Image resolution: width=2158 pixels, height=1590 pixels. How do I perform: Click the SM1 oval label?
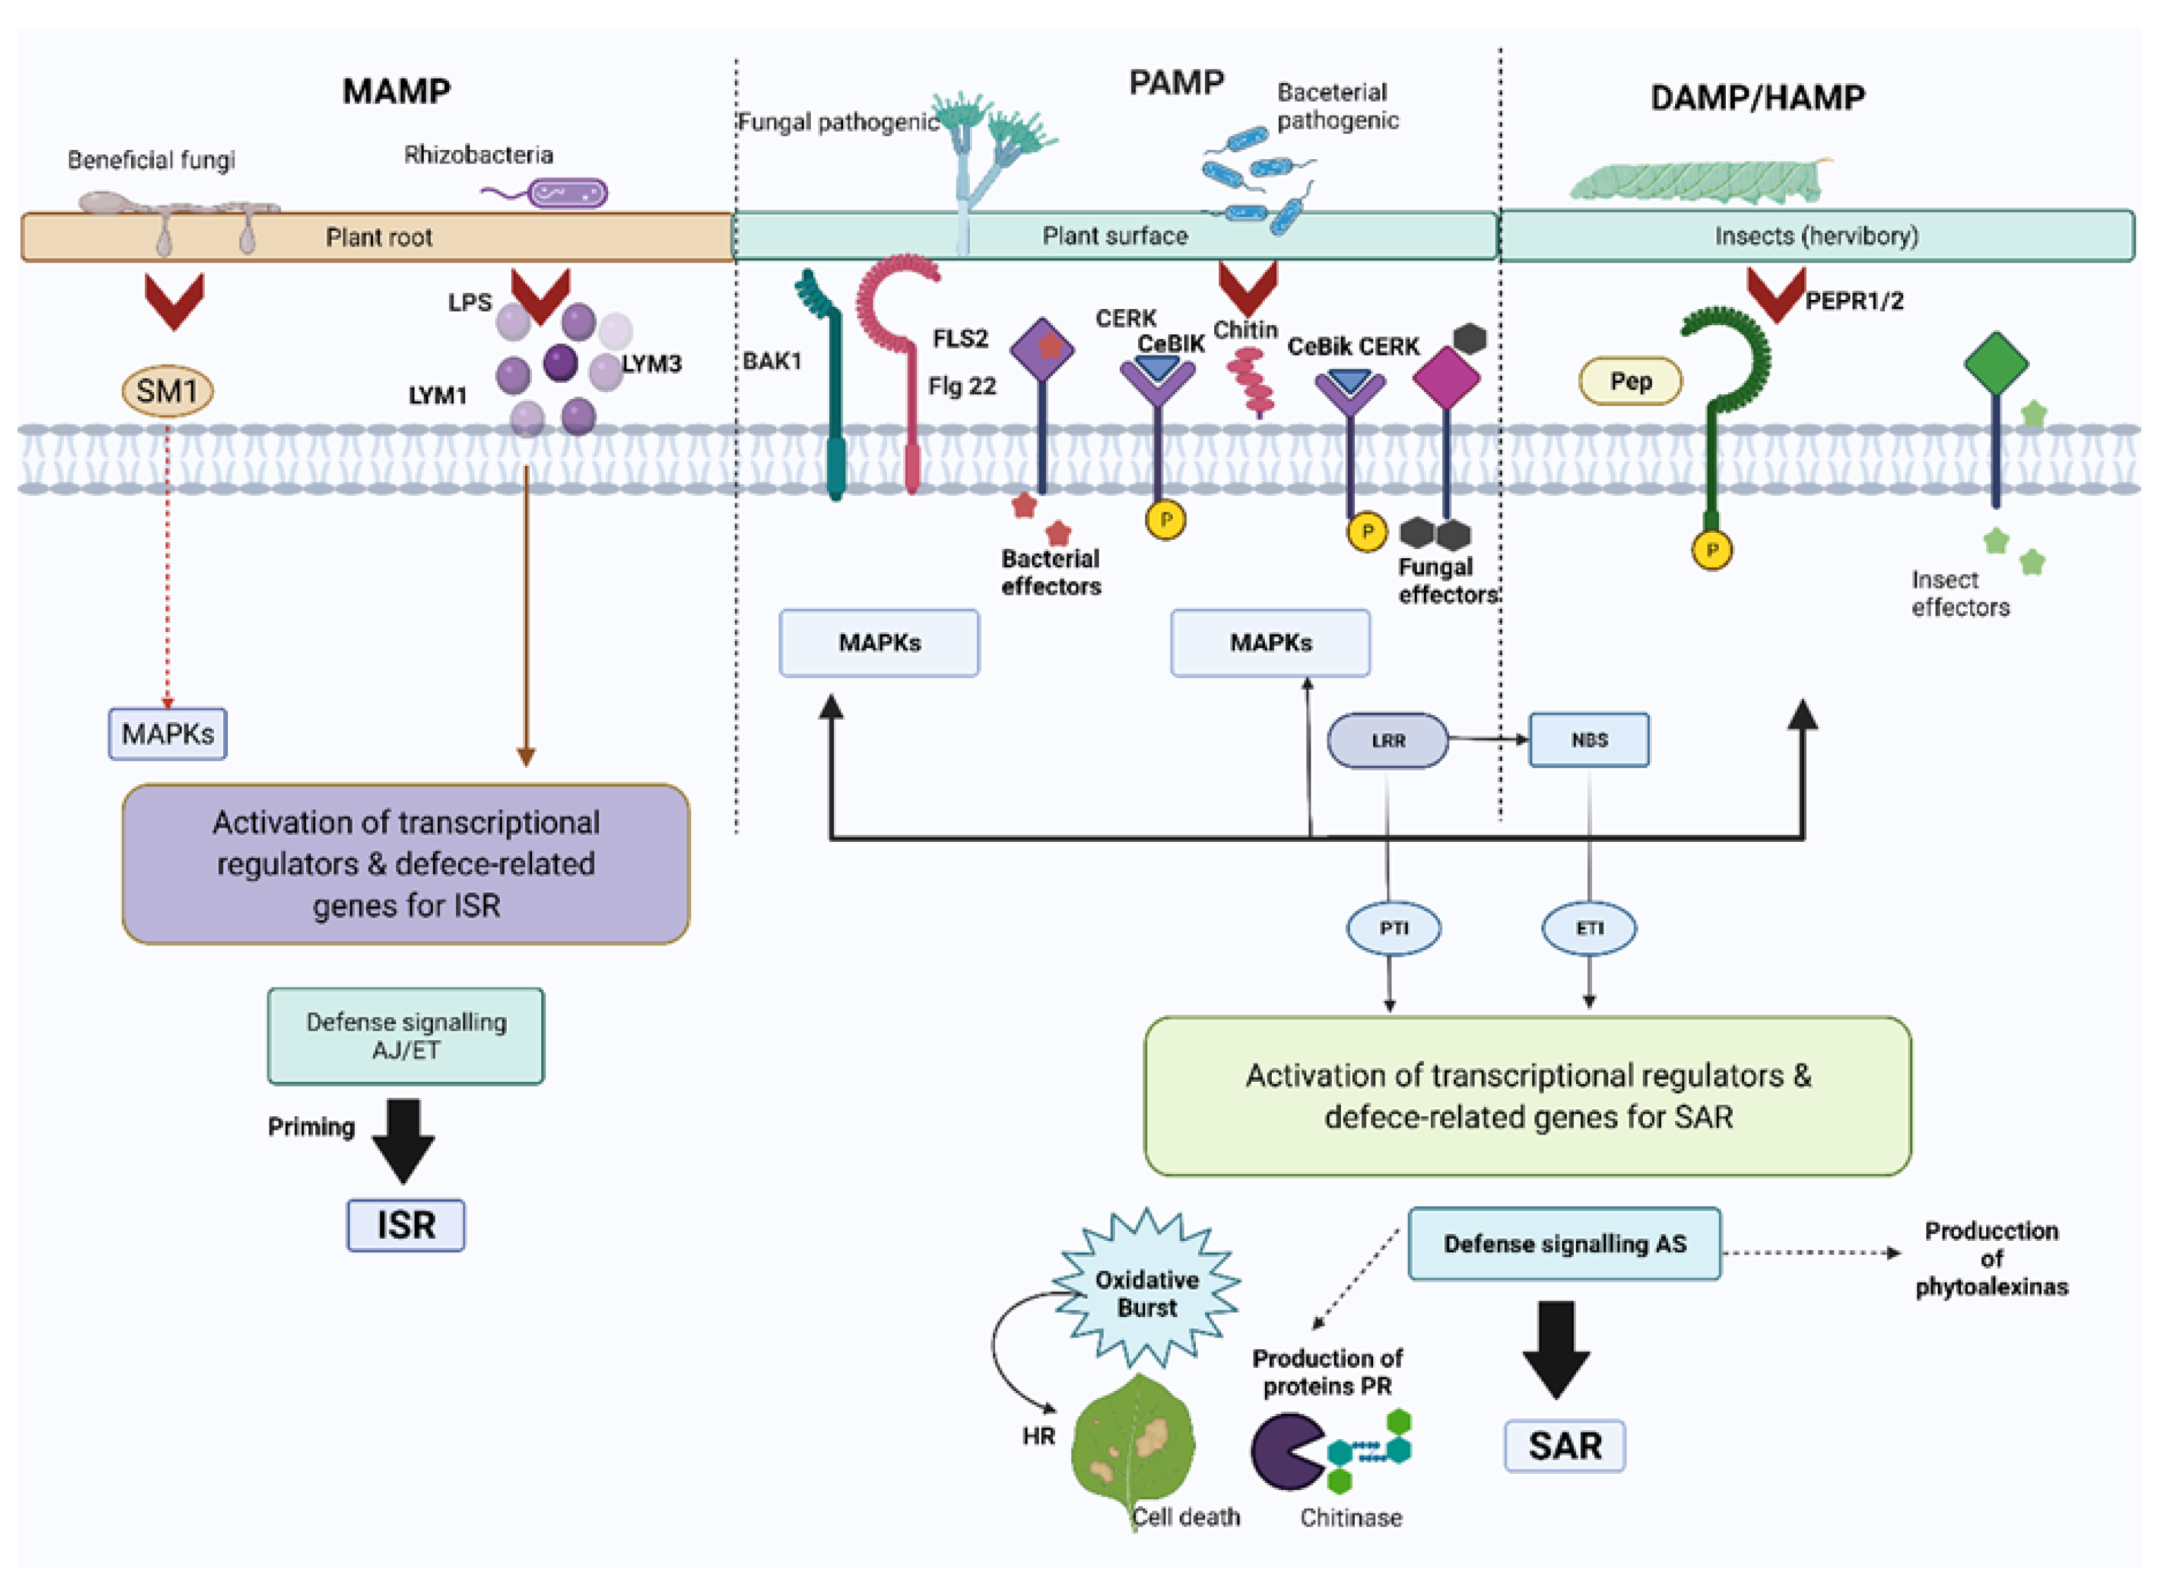[x=168, y=391]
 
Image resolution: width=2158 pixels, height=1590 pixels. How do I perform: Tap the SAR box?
[x=1564, y=1446]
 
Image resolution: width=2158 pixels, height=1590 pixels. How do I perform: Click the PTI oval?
[x=1393, y=928]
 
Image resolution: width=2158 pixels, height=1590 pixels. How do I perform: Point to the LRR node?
[x=1387, y=740]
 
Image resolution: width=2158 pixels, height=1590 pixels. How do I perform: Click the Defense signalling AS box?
[x=1563, y=1244]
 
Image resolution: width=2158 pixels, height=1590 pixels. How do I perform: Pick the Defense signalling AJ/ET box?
[x=405, y=1035]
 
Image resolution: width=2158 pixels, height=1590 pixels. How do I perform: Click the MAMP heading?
[x=396, y=92]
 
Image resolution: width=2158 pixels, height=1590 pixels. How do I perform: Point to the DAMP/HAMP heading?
[x=1757, y=97]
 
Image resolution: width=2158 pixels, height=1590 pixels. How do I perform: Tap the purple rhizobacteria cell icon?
[x=566, y=194]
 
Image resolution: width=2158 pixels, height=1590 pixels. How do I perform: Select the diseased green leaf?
[x=1133, y=1444]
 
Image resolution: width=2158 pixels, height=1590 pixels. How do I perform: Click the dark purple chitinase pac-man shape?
[x=1286, y=1451]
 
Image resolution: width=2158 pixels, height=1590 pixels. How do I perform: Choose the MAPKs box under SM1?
[x=168, y=734]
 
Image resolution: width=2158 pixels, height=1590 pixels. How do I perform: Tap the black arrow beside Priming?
[x=403, y=1140]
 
